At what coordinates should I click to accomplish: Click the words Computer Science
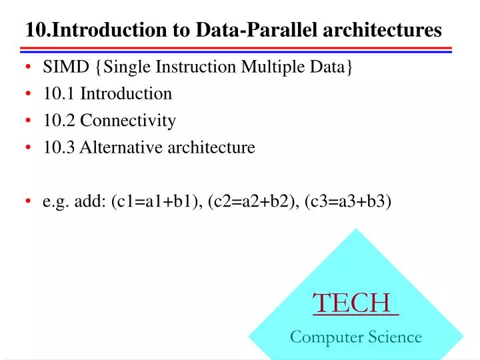point(355,337)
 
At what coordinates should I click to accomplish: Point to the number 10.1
point(59,94)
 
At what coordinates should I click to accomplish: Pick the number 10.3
point(59,147)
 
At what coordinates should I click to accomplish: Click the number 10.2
point(59,121)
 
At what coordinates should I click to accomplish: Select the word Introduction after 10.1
point(126,94)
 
